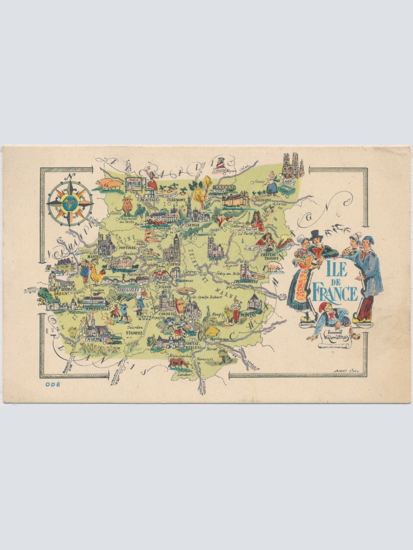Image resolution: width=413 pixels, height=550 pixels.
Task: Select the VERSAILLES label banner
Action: pyautogui.click(x=128, y=290)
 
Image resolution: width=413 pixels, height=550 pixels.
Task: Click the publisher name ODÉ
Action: pyautogui.click(x=53, y=385)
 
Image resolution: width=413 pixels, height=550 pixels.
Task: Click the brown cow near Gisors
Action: pyautogui.click(x=128, y=206)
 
